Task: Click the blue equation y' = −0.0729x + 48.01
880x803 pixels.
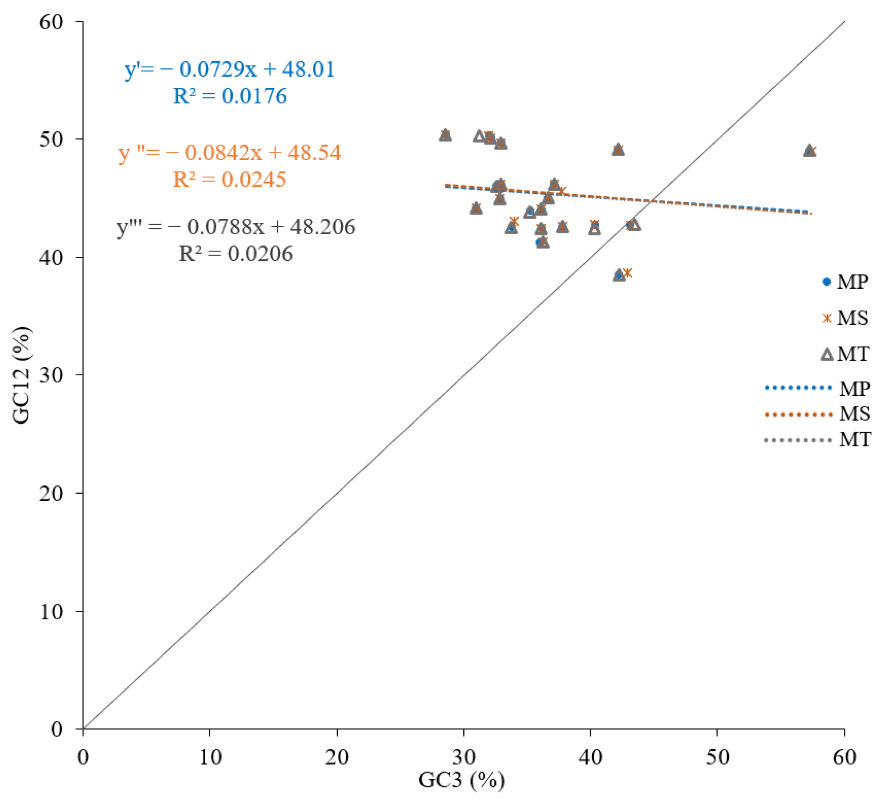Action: coord(230,69)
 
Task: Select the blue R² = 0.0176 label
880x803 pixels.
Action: coord(230,96)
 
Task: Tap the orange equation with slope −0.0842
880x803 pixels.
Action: coord(230,153)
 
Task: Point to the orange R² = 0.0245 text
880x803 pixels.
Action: coord(229,180)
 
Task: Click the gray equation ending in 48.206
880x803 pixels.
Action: coord(236,227)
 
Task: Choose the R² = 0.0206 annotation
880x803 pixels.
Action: coord(235,254)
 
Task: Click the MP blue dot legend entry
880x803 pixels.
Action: coord(845,282)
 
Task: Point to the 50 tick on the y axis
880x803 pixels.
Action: coord(51,139)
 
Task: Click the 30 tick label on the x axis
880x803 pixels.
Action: coord(464,758)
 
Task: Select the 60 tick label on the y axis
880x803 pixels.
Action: coord(51,22)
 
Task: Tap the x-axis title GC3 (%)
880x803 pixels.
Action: coord(461,780)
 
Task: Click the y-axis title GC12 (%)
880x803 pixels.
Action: coord(21,375)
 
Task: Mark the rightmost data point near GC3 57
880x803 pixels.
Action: coord(810,151)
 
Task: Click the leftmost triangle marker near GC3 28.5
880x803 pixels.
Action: coord(445,136)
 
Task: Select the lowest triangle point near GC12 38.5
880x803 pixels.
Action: coord(619,276)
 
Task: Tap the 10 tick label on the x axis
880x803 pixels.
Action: coord(210,758)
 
